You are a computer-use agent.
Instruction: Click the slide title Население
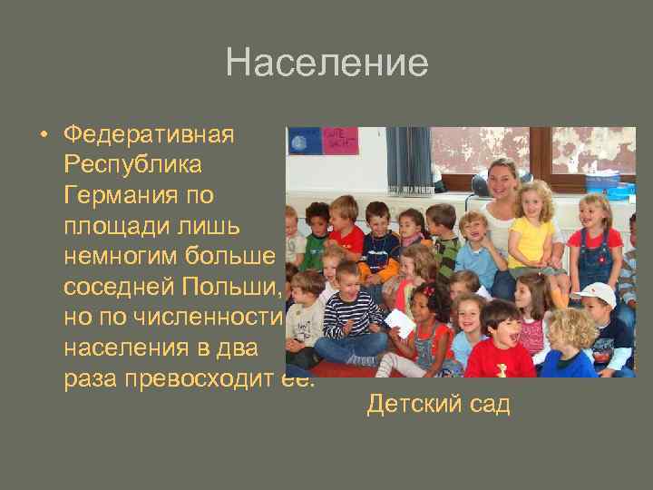click(326, 64)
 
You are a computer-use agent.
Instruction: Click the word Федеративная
click(149, 135)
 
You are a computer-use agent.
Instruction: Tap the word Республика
click(133, 165)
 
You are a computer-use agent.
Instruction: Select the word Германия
click(123, 195)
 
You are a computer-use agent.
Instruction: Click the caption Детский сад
click(438, 404)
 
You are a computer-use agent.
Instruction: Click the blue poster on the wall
click(303, 141)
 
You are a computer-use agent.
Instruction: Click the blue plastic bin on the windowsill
click(602, 181)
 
